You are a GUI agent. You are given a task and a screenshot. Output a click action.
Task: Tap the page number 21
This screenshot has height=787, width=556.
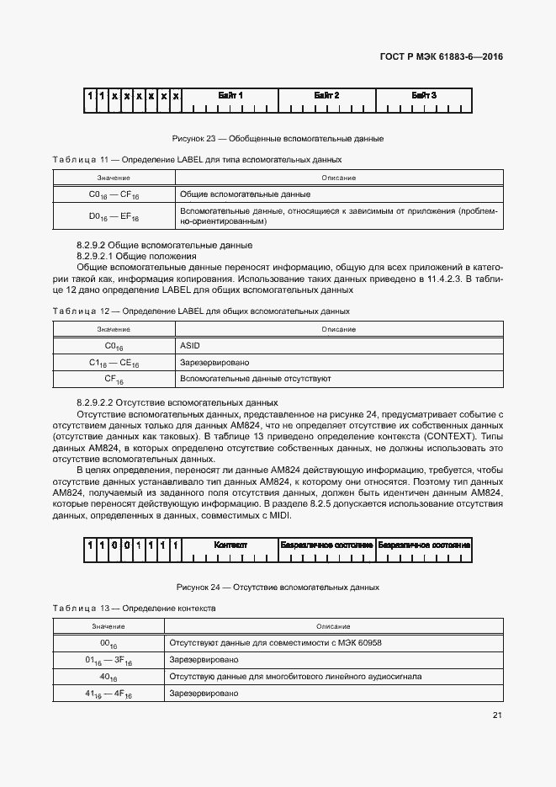click(497, 715)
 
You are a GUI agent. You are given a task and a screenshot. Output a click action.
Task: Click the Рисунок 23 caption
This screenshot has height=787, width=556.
click(278, 137)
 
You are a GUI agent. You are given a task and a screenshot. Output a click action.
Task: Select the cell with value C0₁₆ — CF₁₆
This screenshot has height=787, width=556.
click(114, 194)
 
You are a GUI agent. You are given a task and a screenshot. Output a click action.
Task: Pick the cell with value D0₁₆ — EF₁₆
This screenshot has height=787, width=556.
click(114, 216)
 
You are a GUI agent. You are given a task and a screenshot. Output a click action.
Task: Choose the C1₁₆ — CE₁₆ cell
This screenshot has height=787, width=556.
click(114, 362)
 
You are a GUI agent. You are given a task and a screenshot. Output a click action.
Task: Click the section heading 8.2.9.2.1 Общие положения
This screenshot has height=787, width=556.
click(136, 256)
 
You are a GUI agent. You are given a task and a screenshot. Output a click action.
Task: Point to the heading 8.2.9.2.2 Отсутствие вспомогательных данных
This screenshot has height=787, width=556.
click(177, 403)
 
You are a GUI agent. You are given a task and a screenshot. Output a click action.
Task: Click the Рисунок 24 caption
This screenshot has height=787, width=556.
click(278, 587)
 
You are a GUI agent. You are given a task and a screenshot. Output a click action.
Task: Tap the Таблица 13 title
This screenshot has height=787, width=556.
click(134, 608)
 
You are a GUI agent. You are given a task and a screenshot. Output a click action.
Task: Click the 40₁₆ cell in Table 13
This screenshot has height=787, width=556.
click(109, 676)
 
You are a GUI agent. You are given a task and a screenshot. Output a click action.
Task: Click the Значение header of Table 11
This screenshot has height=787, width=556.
click(114, 178)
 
